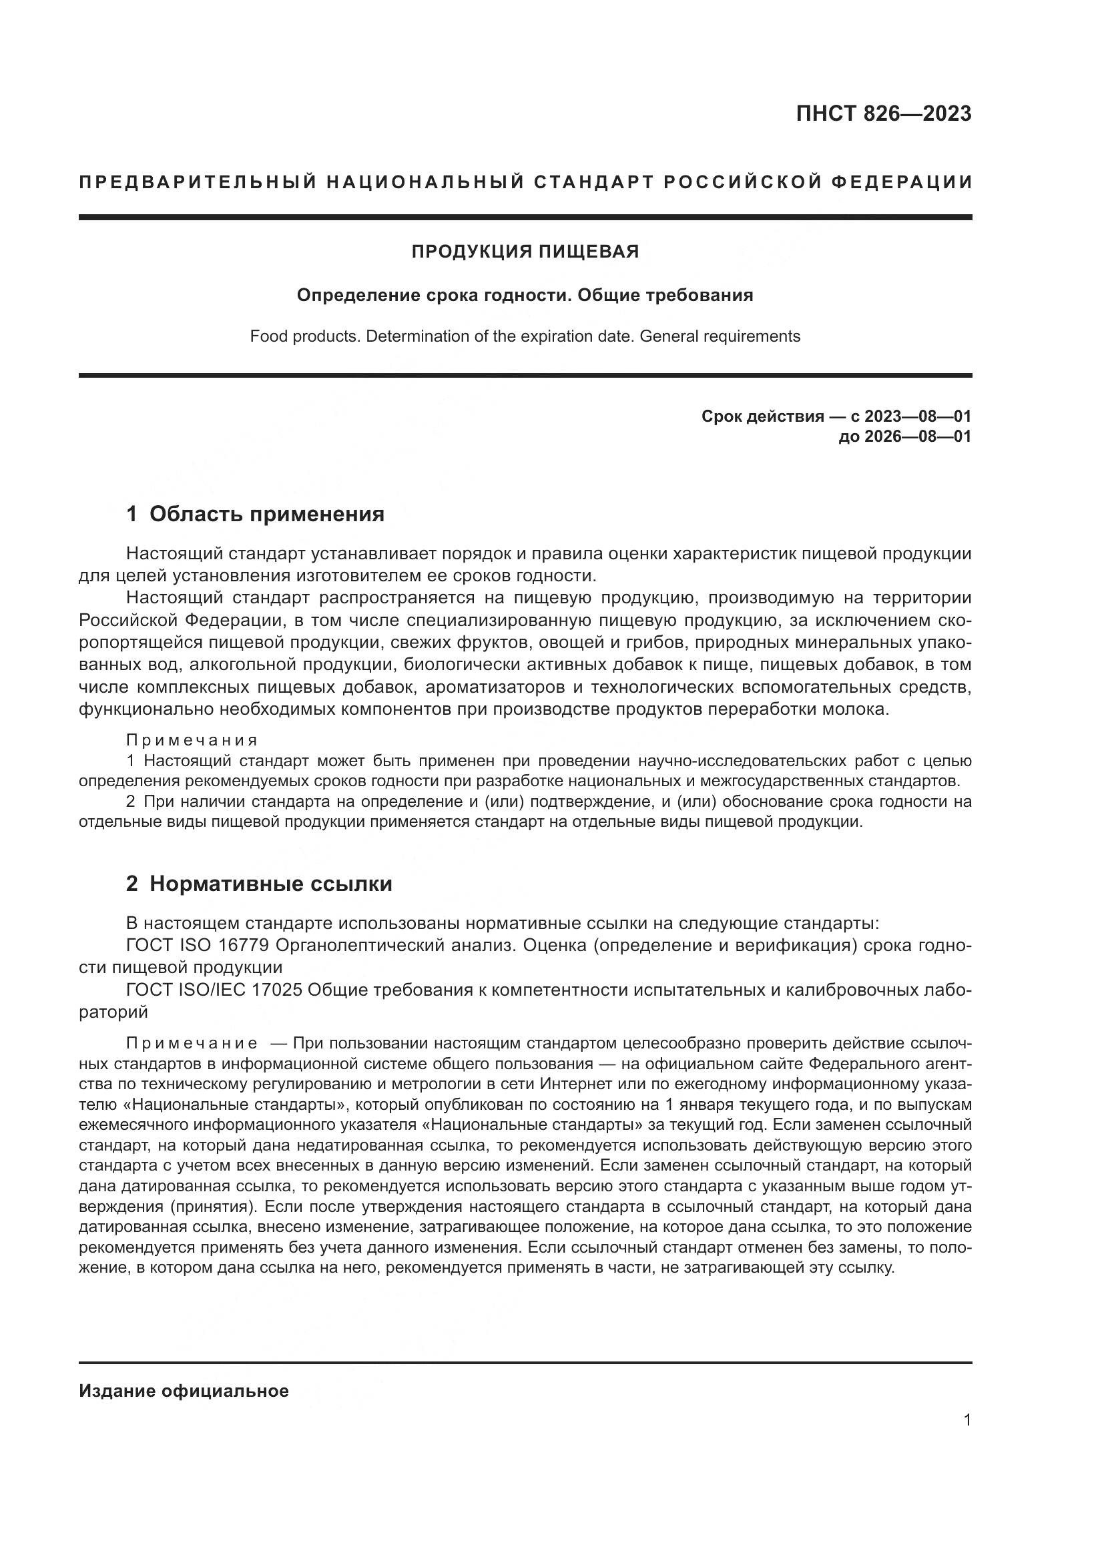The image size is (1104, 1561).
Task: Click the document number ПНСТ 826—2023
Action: [883, 113]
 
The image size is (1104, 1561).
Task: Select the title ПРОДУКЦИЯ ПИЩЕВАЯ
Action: [525, 252]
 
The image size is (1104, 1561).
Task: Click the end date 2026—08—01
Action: [918, 436]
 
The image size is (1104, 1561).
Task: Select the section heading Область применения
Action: [266, 514]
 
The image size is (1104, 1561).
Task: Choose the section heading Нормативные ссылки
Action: [270, 884]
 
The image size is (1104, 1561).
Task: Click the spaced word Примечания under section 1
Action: [192, 739]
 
